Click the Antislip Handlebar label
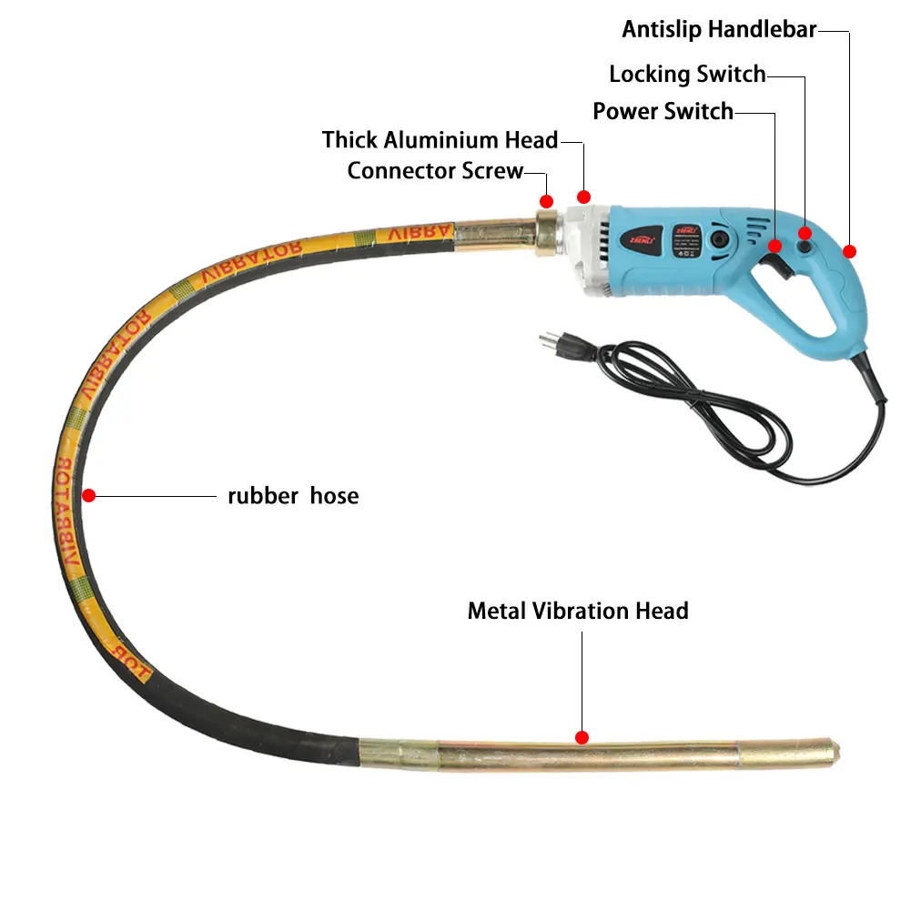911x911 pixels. pyautogui.click(x=719, y=29)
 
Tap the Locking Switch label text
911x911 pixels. pyautogui.click(x=687, y=74)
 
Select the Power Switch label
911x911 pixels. pyautogui.click(x=663, y=111)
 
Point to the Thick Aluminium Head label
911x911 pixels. pyautogui.click(x=440, y=140)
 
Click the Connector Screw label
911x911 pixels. pyautogui.click(x=435, y=170)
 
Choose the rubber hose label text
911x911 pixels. pyautogui.click(x=293, y=496)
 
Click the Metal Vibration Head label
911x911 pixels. pyautogui.click(x=578, y=611)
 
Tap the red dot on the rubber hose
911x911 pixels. pyautogui.click(x=88, y=496)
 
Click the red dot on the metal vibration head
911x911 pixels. pyautogui.click(x=582, y=737)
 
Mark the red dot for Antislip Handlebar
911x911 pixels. pyautogui.click(x=849, y=251)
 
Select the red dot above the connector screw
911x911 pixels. pyautogui.click(x=546, y=200)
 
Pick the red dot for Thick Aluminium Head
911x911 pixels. pyautogui.click(x=584, y=197)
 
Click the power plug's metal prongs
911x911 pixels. pyautogui.click(x=547, y=341)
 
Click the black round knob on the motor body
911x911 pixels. pyautogui.click(x=719, y=240)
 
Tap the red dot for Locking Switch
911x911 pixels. pyautogui.click(x=805, y=234)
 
